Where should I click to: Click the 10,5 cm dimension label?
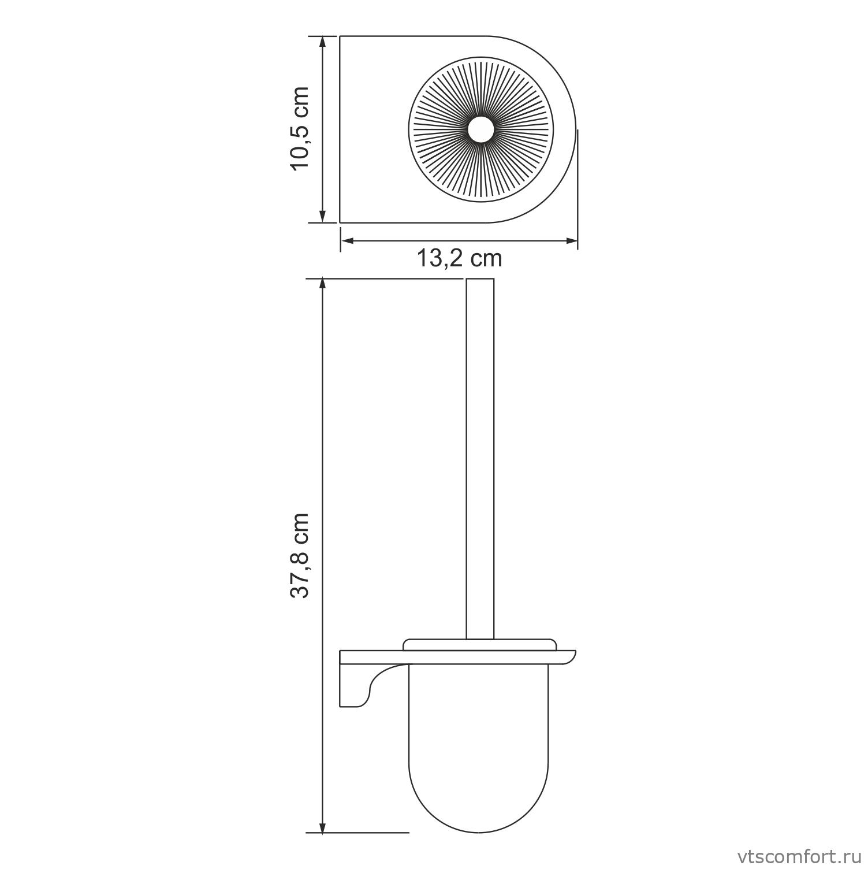301,128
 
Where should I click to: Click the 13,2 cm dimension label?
459,258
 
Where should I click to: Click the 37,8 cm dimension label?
301,555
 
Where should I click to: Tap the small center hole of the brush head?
479,128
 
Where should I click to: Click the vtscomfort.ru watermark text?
798,854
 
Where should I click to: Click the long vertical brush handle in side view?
479,462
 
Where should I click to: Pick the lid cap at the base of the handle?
479,644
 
